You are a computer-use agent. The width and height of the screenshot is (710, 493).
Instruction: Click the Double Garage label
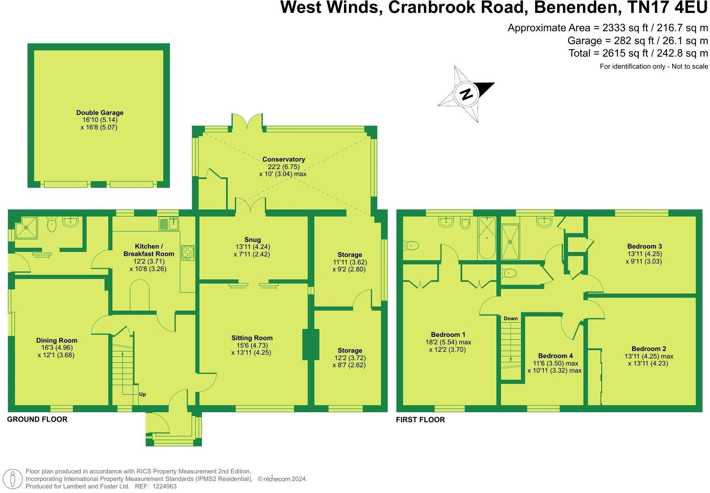pos(100,112)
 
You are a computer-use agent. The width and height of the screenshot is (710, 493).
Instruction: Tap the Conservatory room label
pos(284,159)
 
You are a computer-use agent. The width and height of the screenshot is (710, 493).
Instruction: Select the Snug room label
pos(252,239)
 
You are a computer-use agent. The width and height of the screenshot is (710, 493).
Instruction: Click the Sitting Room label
pos(252,338)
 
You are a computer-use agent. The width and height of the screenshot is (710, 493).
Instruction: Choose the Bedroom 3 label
pos(644,246)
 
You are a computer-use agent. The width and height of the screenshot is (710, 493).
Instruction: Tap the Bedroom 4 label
pos(555,356)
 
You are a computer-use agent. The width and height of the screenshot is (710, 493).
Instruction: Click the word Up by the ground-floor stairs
pos(142,394)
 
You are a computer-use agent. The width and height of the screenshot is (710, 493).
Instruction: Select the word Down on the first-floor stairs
pos(511,319)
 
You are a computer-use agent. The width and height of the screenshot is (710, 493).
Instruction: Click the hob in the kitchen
pos(188,253)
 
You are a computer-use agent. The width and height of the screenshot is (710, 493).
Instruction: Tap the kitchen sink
pos(169,224)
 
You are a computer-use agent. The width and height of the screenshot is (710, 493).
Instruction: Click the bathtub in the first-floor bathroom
pos(486,237)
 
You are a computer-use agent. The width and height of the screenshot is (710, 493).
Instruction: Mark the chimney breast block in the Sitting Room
pos(311,344)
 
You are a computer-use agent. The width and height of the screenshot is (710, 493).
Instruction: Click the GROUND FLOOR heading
pos(37,419)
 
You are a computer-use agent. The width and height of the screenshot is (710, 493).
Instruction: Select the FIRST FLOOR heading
pos(420,420)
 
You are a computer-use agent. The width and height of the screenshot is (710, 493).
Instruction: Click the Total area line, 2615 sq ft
pos(638,53)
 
